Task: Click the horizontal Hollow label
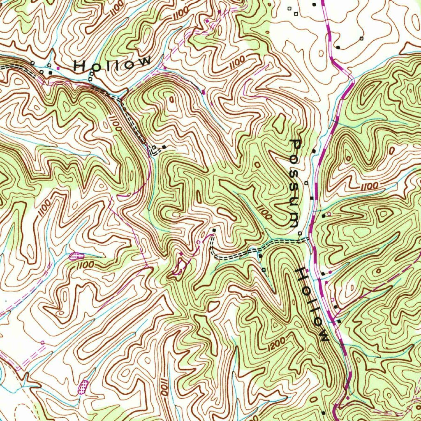112,64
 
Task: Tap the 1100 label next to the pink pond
86,265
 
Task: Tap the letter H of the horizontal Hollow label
81,66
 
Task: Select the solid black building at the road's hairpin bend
164,146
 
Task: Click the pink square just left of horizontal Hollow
58,67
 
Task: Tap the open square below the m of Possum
300,234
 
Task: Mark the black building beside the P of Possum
314,151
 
